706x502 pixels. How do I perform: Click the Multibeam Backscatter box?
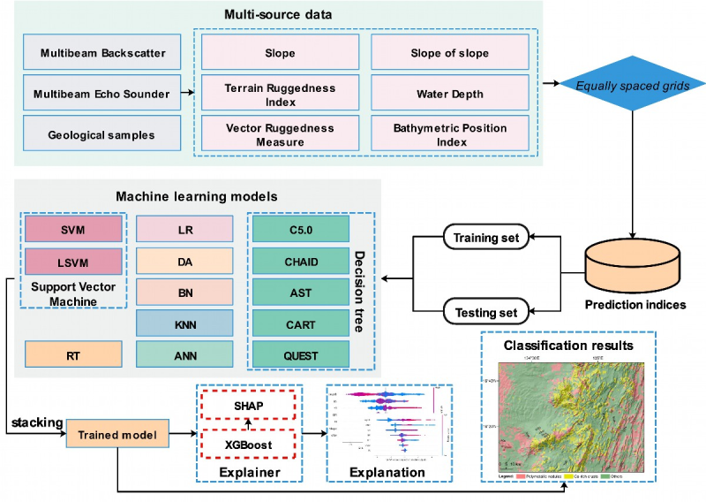click(x=102, y=52)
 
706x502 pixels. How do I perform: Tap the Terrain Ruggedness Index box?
click(x=268, y=94)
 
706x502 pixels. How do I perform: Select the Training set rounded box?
click(x=484, y=237)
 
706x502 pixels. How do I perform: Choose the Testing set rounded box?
click(x=486, y=311)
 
